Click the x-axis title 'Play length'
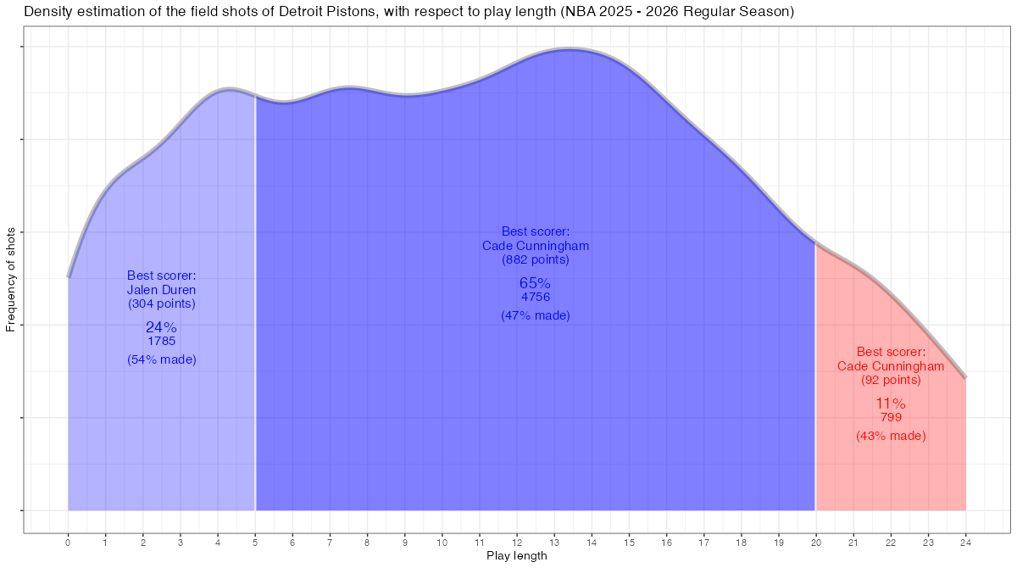[516, 556]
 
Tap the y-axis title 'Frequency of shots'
[11, 279]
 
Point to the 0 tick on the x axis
[68, 541]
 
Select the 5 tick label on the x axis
[255, 541]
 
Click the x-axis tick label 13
[554, 541]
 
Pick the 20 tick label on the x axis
[815, 541]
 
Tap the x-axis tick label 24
[965, 541]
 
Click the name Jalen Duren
[161, 289]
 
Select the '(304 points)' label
[161, 303]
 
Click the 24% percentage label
[161, 327]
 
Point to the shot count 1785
[161, 341]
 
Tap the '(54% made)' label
[161, 359]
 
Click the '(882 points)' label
[535, 259]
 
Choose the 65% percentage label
[535, 283]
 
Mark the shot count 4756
[535, 297]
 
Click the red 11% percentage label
[891, 404]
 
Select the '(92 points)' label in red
[891, 380]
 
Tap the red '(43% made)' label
[891, 436]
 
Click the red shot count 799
[891, 417]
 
